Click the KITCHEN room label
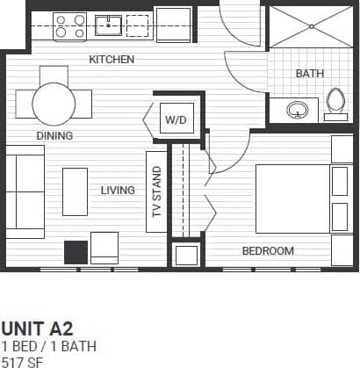click(x=112, y=60)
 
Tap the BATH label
click(x=309, y=74)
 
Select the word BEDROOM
click(x=268, y=251)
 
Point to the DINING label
click(x=54, y=136)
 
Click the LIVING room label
click(x=118, y=190)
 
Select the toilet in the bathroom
click(x=335, y=103)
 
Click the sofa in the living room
click(x=25, y=191)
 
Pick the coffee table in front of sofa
click(x=75, y=191)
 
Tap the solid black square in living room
click(x=76, y=252)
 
